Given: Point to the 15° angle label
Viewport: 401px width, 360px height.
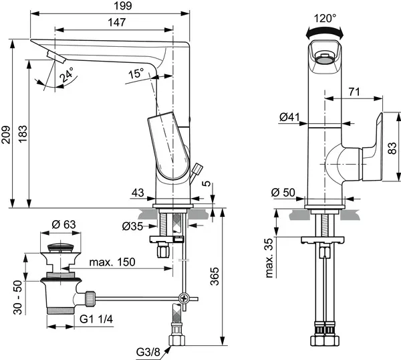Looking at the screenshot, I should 136,74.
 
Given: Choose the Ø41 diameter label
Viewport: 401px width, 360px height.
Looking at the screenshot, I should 289,118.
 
